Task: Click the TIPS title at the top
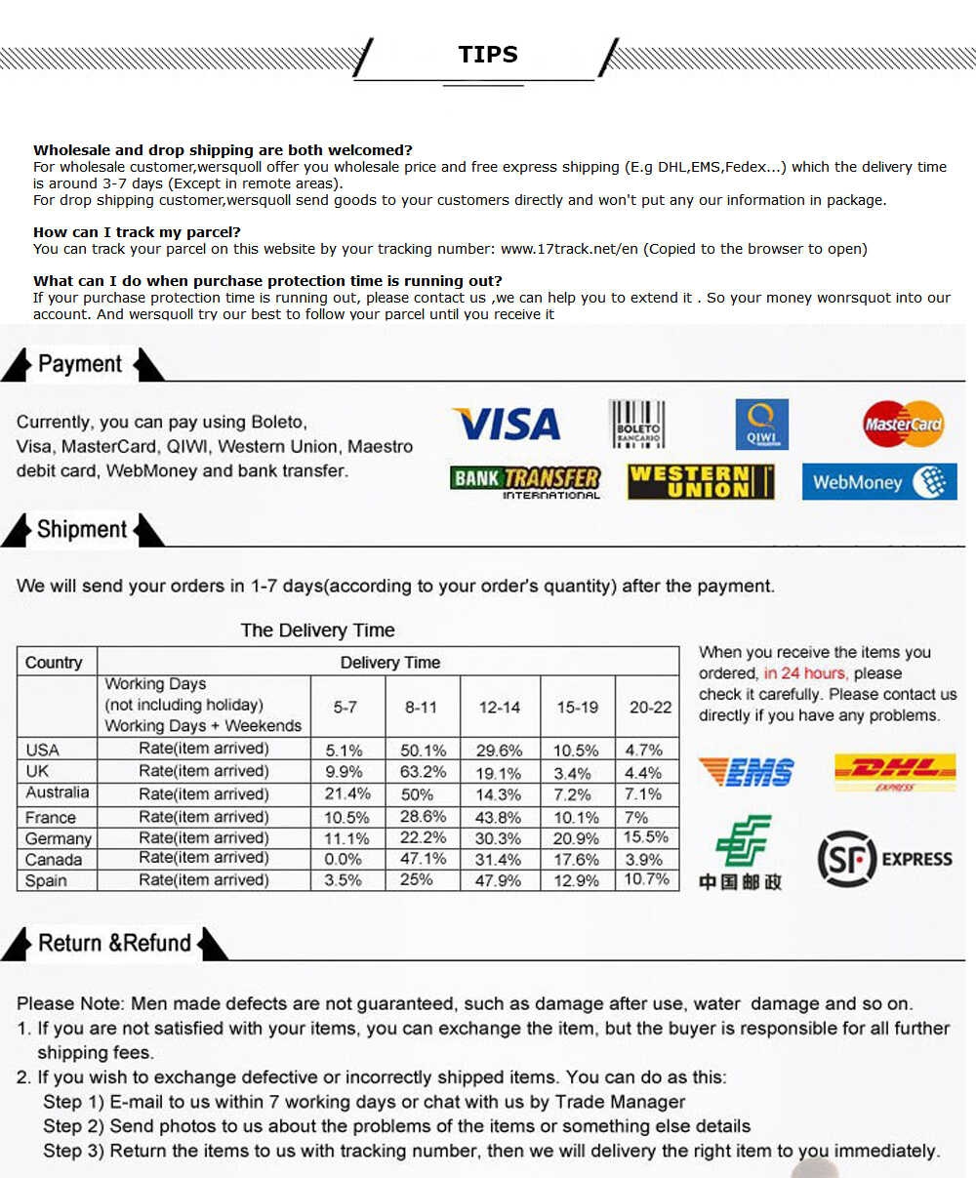click(x=488, y=55)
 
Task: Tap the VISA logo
click(x=506, y=425)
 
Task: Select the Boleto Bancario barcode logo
click(x=636, y=425)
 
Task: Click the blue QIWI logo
click(x=761, y=425)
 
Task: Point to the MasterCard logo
click(x=903, y=425)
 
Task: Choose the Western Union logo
click(x=700, y=481)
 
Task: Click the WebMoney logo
click(x=878, y=481)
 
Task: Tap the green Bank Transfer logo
click(x=525, y=481)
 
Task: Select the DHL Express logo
click(x=894, y=771)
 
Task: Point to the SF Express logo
click(x=883, y=859)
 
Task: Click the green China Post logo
click(x=741, y=852)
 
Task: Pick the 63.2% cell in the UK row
click(x=423, y=772)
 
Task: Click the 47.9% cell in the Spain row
click(x=498, y=880)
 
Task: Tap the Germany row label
click(x=58, y=838)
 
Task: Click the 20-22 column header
click(x=650, y=707)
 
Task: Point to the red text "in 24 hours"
click(x=805, y=673)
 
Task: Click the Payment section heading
click(x=80, y=364)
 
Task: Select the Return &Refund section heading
click(x=114, y=943)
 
